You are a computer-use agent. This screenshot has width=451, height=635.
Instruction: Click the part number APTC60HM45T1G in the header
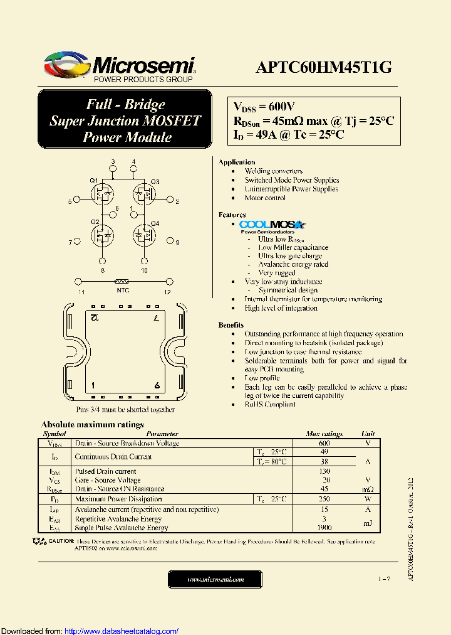[323, 67]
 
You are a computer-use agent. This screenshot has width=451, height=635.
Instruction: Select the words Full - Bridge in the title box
[125, 105]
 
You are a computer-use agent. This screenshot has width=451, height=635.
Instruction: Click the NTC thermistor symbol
[123, 282]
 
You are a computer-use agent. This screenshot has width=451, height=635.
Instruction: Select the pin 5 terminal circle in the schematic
[77, 201]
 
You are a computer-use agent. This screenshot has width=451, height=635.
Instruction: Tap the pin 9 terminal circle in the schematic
[169, 241]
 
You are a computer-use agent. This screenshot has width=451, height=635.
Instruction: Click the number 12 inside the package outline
[94, 319]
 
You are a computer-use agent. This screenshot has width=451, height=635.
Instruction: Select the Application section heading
[236, 162]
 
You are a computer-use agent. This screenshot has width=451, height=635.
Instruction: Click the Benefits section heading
[231, 325]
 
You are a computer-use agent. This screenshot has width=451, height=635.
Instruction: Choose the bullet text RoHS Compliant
[270, 405]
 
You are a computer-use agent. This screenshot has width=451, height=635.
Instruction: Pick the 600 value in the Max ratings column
[324, 444]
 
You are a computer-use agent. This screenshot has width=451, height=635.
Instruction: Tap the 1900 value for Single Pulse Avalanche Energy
[324, 528]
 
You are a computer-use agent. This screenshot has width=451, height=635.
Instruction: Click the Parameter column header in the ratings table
[162, 434]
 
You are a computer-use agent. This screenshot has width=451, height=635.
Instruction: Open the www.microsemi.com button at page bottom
[216, 579]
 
